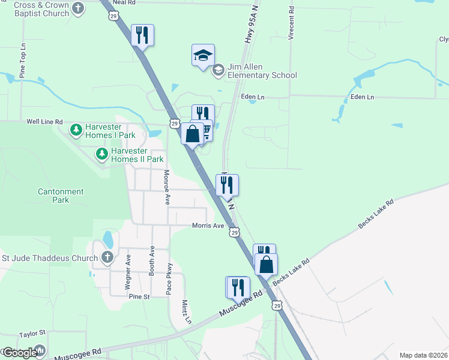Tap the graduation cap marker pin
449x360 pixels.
[203, 56]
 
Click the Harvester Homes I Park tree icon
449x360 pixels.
[76, 130]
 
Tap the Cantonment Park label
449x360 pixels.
[61, 196]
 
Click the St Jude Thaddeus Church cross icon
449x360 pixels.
[107, 258]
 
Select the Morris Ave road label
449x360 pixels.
[208, 226]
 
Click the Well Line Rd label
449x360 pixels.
[44, 122]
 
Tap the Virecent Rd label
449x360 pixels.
[291, 23]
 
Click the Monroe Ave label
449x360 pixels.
[167, 187]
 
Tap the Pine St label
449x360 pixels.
[138, 296]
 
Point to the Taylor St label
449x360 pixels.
[32, 333]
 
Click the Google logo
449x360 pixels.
[19, 353]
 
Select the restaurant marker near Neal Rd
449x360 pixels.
[142, 35]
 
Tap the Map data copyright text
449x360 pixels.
[423, 355]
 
